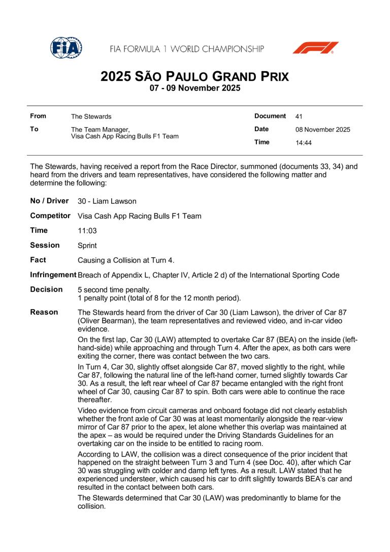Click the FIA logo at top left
(x=66, y=48)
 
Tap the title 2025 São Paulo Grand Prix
(x=194, y=77)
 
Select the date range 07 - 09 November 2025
(x=194, y=88)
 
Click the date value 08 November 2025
(x=322, y=130)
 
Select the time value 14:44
(x=304, y=143)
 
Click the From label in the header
(x=38, y=116)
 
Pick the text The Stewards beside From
(x=91, y=117)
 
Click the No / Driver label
(x=49, y=201)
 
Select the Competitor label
(x=50, y=216)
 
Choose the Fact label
(x=38, y=260)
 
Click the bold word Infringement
(x=53, y=274)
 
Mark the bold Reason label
(x=44, y=312)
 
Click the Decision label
(x=47, y=289)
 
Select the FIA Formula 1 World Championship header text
(x=187, y=49)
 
